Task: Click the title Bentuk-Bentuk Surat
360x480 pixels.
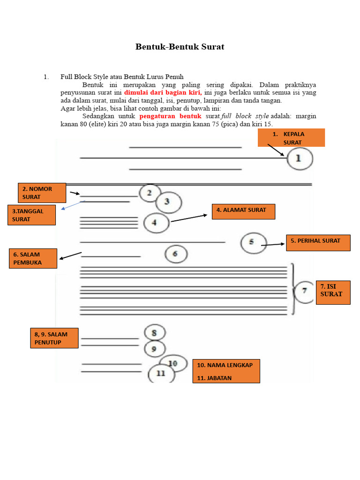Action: (x=180, y=47)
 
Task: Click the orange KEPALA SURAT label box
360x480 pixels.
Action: (x=291, y=138)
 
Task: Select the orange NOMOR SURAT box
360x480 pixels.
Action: (x=42, y=193)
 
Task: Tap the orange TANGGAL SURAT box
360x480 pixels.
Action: (x=32, y=215)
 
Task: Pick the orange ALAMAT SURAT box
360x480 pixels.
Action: (x=243, y=211)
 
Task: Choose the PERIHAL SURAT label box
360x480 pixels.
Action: (x=318, y=243)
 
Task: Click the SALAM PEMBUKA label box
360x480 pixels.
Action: (x=33, y=258)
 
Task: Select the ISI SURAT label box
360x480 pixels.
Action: (x=333, y=292)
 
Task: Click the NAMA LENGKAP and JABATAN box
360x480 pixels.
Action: (x=226, y=371)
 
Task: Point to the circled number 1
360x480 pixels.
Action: (x=300, y=159)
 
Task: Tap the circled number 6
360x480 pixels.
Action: (x=176, y=255)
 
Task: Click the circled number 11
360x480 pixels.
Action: (x=161, y=374)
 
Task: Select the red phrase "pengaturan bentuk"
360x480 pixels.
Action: (x=170, y=116)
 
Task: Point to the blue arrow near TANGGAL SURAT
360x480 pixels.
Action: (x=74, y=205)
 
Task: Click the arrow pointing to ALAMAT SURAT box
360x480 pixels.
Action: (x=189, y=218)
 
